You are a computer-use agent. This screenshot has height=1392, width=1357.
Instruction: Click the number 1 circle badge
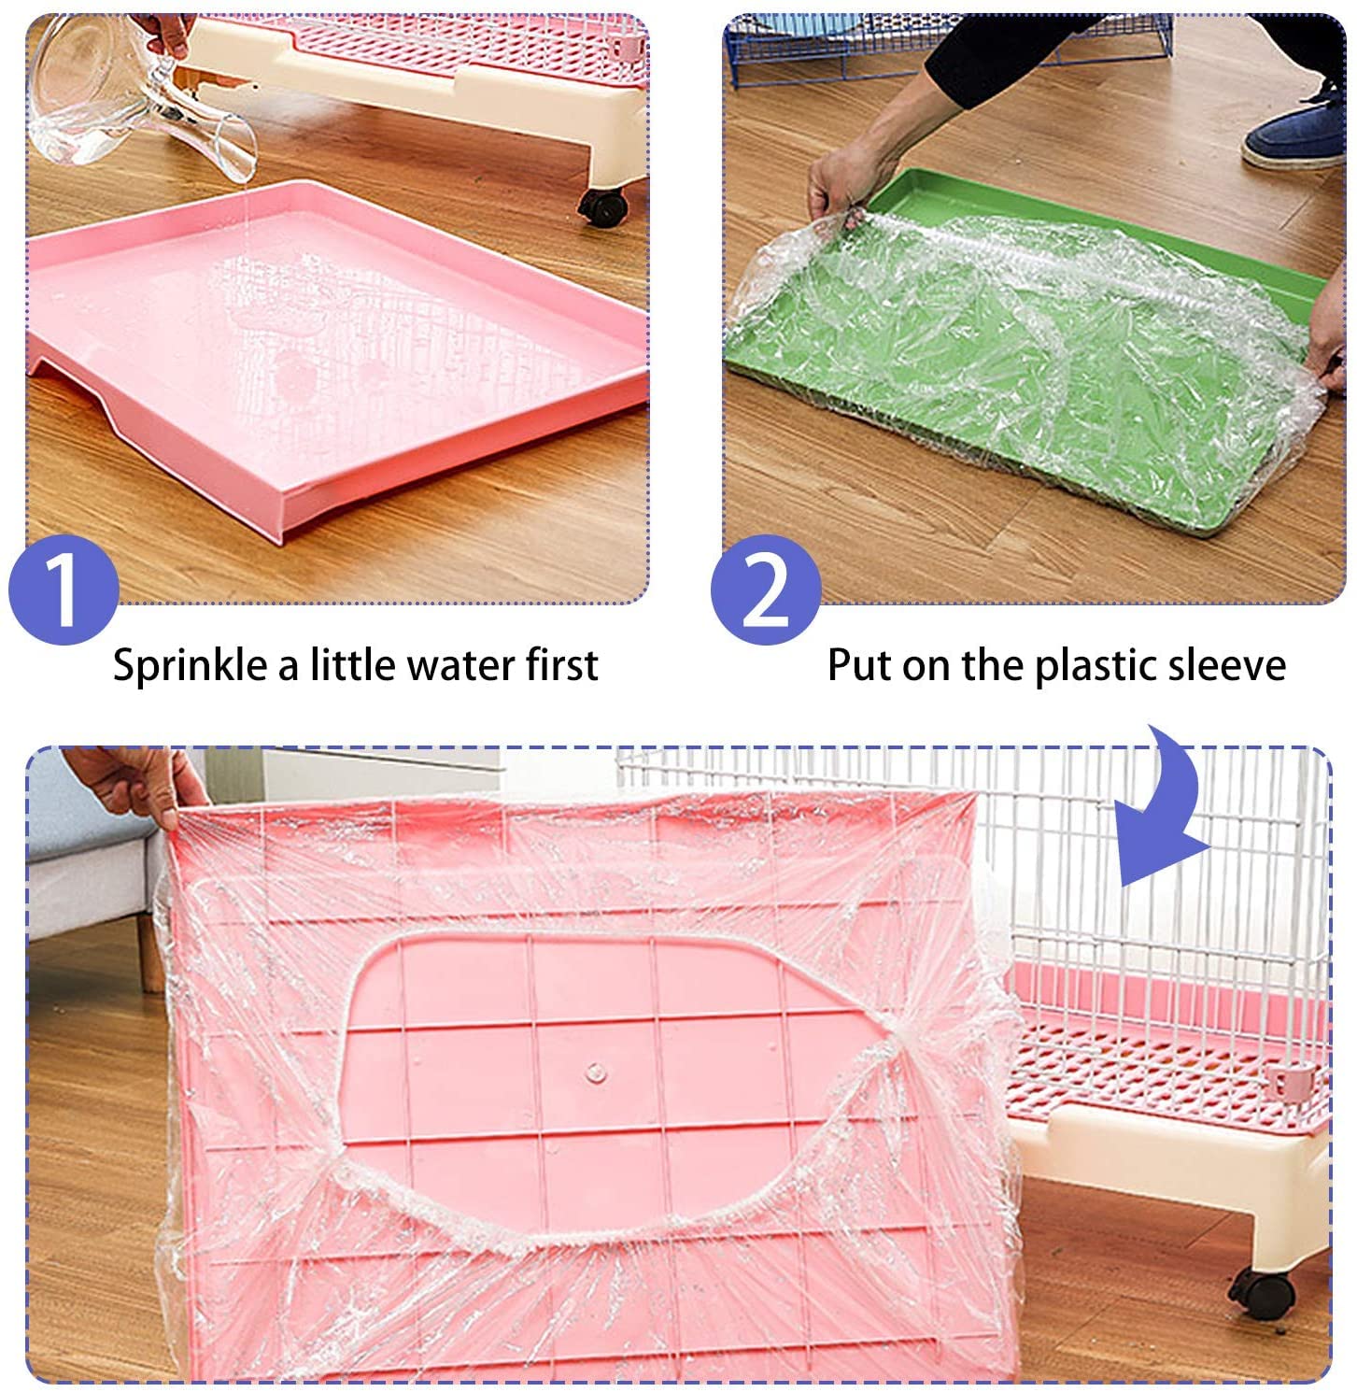point(64,590)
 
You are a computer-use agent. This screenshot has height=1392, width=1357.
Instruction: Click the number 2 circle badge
point(765,590)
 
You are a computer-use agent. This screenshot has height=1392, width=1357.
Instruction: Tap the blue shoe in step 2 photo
point(1294,135)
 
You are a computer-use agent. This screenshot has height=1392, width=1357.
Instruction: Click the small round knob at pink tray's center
point(595,1072)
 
